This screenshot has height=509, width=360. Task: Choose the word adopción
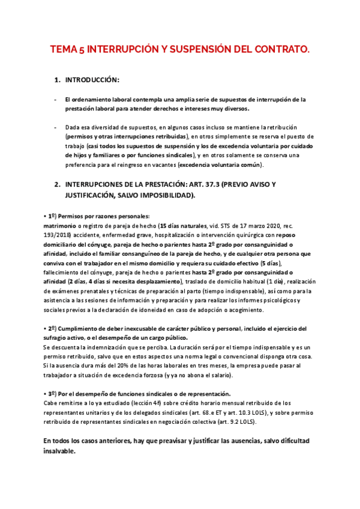point(228,310)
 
